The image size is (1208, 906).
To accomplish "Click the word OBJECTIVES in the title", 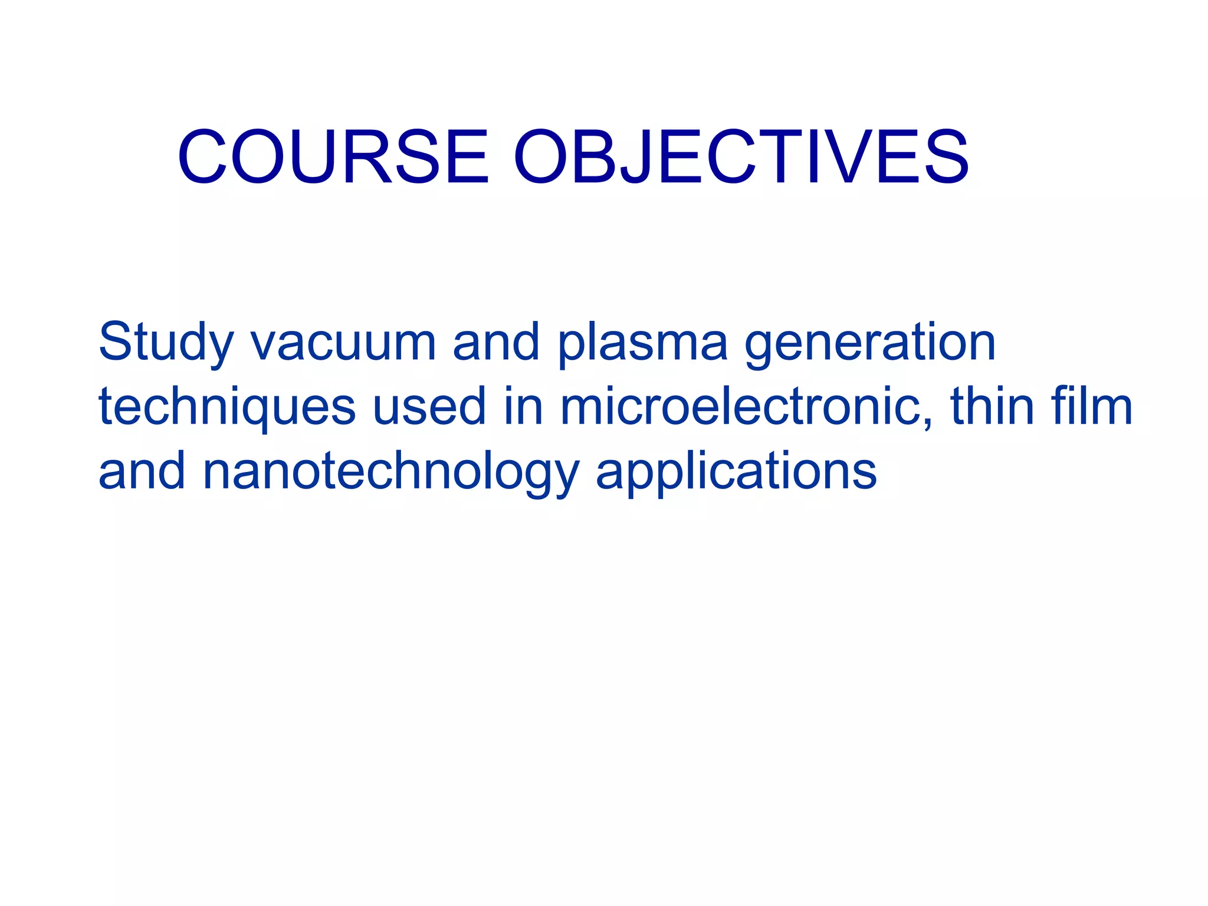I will tap(741, 157).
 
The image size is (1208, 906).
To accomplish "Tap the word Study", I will tap(166, 344).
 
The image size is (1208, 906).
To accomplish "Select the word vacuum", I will tap(343, 344).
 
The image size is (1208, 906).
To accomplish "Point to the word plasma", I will tap(642, 344).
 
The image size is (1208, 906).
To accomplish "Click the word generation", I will tap(870, 344).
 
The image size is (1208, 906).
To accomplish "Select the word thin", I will tap(993, 407).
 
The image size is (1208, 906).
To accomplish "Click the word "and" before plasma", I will tap(495, 344).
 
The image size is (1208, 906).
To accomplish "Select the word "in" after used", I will tap(523, 407).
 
